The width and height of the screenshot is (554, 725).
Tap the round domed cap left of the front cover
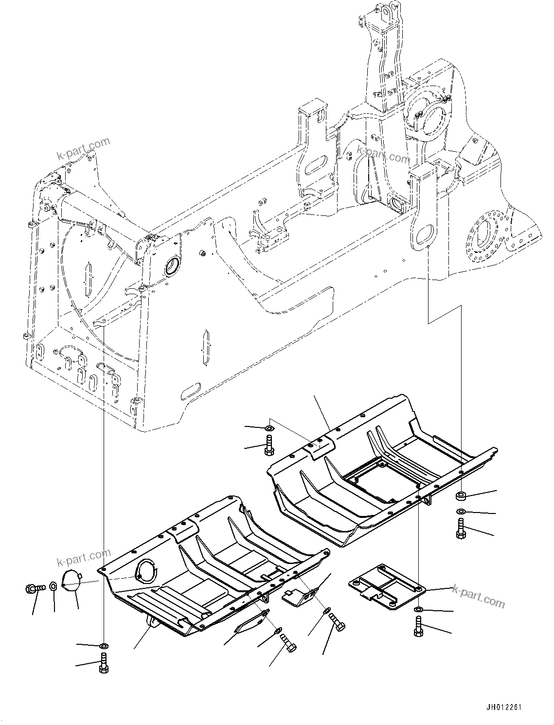point(71,581)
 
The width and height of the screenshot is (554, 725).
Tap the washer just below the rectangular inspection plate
point(418,609)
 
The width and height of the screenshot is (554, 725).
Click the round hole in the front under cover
point(146,570)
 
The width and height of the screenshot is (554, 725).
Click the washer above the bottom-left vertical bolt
point(104,646)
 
